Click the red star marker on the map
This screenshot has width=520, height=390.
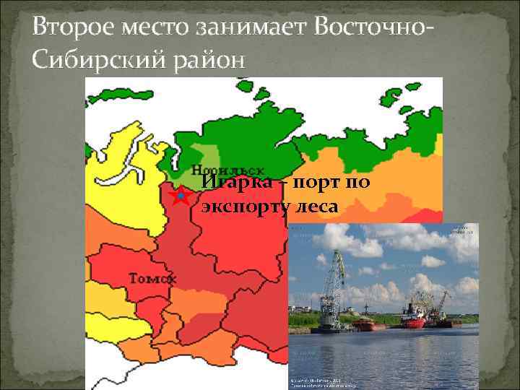178,196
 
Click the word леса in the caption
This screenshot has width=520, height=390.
317,207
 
